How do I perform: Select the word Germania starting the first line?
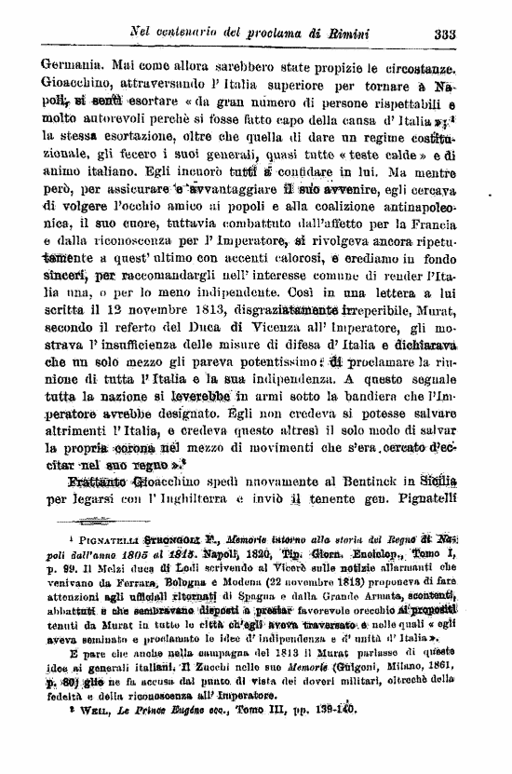(76, 67)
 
